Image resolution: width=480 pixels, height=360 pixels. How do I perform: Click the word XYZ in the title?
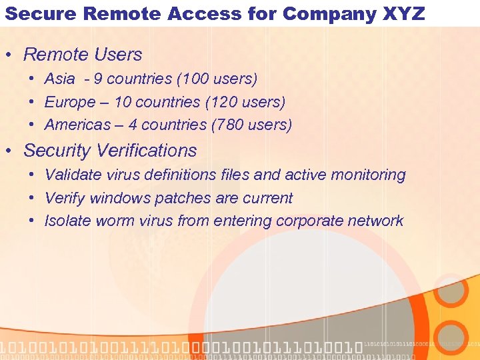tap(402, 13)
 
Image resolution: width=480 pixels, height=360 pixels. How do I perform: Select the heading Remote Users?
tap(83, 55)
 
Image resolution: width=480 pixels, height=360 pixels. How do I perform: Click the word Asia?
tap(60, 79)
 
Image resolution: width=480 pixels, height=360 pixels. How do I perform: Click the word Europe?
tap(70, 102)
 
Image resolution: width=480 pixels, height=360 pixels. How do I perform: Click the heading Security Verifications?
tap(110, 151)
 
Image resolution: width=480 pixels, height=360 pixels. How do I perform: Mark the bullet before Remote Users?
tap(12, 55)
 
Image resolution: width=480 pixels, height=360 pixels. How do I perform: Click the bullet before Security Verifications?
tap(12, 151)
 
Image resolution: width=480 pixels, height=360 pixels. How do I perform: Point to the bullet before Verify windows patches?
tap(32, 199)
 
